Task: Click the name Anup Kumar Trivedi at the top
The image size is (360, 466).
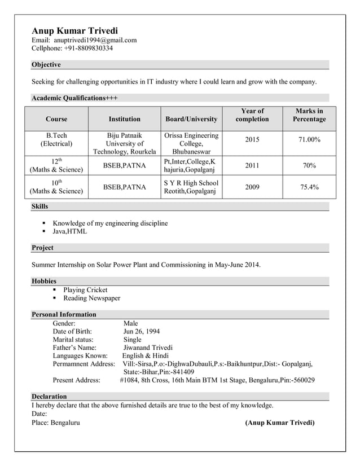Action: pos(74,30)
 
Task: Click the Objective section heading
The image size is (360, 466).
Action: pos(46,65)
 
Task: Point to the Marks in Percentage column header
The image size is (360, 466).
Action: pos(309,115)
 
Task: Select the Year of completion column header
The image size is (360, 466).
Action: pos(252,115)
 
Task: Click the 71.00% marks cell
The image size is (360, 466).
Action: pos(309,139)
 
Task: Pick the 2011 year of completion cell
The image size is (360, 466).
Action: pos(252,166)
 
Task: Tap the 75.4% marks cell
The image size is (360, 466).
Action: pos(309,187)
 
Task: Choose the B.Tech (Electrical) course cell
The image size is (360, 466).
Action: pos(56,139)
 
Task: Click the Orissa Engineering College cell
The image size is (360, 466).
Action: pos(191,144)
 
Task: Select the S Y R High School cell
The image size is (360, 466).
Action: pos(191,187)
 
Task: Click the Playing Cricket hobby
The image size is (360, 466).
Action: pos(85,290)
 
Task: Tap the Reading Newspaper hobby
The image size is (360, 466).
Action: pos(91,298)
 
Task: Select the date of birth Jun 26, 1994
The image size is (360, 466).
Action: pos(141,332)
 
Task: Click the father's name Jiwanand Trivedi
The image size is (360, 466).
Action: pos(148,348)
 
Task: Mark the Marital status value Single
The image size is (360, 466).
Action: pos(133,340)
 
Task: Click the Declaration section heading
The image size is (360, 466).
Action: pos(49,397)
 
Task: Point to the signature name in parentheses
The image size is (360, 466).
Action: pos(279,423)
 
